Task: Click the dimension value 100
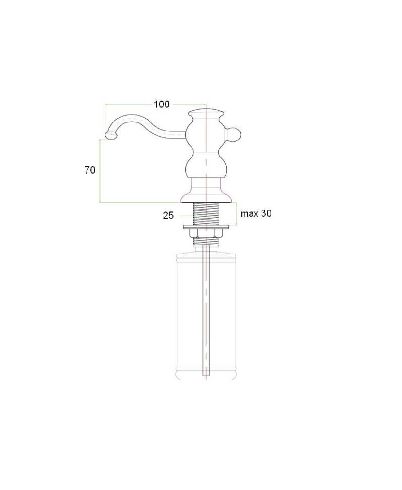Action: tap(161, 105)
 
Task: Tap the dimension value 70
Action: tap(90, 170)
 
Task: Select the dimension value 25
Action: tap(168, 215)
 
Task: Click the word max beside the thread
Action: tap(249, 214)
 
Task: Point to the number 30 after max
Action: tap(266, 213)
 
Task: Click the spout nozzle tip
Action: tap(111, 136)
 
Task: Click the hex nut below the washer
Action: tap(206, 233)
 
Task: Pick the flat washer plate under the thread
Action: tap(206, 227)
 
